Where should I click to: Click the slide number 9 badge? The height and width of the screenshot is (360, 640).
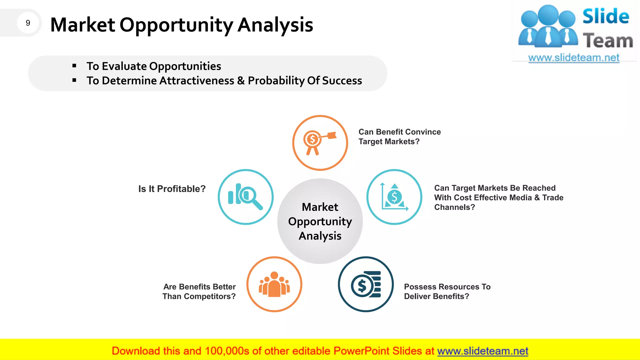click(28, 23)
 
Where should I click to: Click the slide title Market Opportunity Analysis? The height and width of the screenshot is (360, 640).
click(182, 25)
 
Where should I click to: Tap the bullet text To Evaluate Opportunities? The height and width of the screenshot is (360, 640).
click(154, 66)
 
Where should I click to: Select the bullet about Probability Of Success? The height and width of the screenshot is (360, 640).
click(224, 81)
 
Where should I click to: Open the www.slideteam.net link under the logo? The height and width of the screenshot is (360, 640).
click(573, 58)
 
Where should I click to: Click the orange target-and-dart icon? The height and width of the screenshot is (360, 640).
click(320, 143)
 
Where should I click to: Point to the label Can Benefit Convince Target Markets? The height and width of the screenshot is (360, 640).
click(399, 137)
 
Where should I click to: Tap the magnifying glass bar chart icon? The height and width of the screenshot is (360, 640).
click(246, 197)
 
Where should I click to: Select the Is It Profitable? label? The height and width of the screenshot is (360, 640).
click(172, 189)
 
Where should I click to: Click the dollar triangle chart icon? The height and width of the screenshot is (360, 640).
click(394, 197)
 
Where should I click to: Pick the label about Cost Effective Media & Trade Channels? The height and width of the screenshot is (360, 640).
click(498, 197)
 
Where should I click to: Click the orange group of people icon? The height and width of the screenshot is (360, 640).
click(274, 284)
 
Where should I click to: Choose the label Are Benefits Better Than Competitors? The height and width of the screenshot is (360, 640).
click(199, 291)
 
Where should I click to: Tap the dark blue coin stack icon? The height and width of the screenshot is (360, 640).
click(366, 284)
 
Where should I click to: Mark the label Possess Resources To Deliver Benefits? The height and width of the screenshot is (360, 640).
click(447, 291)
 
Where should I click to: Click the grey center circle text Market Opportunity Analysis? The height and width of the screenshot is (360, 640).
click(320, 221)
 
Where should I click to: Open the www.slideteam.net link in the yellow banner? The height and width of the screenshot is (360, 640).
click(482, 351)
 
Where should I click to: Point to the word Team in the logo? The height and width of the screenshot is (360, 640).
click(607, 41)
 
